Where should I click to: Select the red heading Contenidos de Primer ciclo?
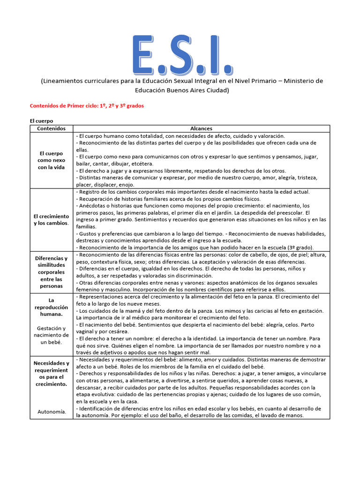point(87,106)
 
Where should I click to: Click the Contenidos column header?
point(52,128)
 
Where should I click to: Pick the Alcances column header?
point(202,128)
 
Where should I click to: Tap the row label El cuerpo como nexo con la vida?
point(52,160)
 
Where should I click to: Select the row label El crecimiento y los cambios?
point(52,219)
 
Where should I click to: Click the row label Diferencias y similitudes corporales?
point(52,272)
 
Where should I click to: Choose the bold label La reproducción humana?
point(52,307)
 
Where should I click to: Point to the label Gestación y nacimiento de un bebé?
point(52,335)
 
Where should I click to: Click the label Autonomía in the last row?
point(52,412)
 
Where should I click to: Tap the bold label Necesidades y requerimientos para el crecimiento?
point(52,374)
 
